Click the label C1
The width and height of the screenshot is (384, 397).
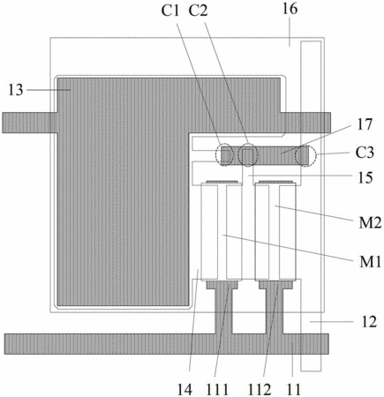tap(170, 11)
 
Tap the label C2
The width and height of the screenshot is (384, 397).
tap(199, 11)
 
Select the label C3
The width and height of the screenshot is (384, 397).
tap(365, 153)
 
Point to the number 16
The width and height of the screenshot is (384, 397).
tap(290, 9)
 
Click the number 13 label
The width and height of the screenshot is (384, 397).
tap(15, 90)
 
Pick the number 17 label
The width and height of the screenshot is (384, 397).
tap(365, 124)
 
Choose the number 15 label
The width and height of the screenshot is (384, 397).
tap(365, 177)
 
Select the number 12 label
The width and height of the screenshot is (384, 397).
tap(369, 322)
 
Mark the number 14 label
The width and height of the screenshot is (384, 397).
tap(184, 390)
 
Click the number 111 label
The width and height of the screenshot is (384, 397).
tap(217, 390)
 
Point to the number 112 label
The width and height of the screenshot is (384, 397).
tap(260, 390)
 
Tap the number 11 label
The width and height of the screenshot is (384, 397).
tap(293, 390)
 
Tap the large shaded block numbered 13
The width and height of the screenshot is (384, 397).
tap(124, 191)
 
